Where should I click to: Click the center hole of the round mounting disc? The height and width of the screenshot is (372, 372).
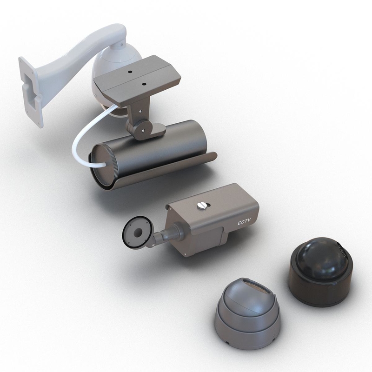[138, 231]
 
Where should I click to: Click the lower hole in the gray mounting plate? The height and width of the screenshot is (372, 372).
[144, 84]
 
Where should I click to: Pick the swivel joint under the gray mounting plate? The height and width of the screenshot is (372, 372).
[139, 123]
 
